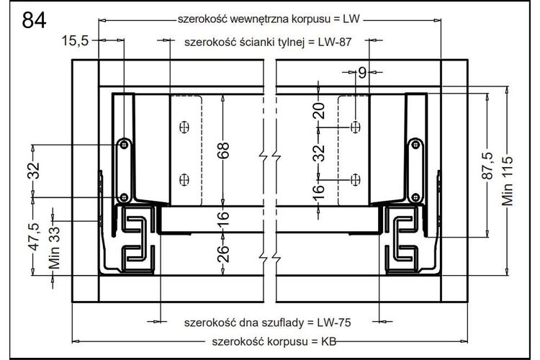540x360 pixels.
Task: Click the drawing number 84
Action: pos(34,20)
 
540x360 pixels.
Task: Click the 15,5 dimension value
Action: pos(75,40)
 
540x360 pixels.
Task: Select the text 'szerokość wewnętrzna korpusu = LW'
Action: pos(269,19)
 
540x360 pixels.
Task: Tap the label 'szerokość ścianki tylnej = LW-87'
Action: pos(268,42)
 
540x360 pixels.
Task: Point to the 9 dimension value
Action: pos(362,73)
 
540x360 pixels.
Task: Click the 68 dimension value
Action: pos(223,150)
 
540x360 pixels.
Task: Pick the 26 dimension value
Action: pos(223,253)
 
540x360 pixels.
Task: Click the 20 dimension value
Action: pos(320,111)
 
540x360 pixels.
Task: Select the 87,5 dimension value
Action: pos(487,166)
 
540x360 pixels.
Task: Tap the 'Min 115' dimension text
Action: pos(508,181)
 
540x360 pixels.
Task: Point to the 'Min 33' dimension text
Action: pos(55,248)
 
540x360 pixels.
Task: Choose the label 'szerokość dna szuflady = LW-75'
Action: pos(268,323)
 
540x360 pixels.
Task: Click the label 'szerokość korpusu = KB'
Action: pos(274,342)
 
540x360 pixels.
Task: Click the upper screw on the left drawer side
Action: pos(124,144)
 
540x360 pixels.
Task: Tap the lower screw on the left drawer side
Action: pos(124,198)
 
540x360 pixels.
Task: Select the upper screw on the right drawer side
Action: pos(416,144)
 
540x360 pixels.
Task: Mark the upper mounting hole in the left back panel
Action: pos(184,127)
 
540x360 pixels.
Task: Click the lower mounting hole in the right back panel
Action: pos(356,180)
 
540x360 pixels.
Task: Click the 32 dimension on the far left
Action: pos(34,171)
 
